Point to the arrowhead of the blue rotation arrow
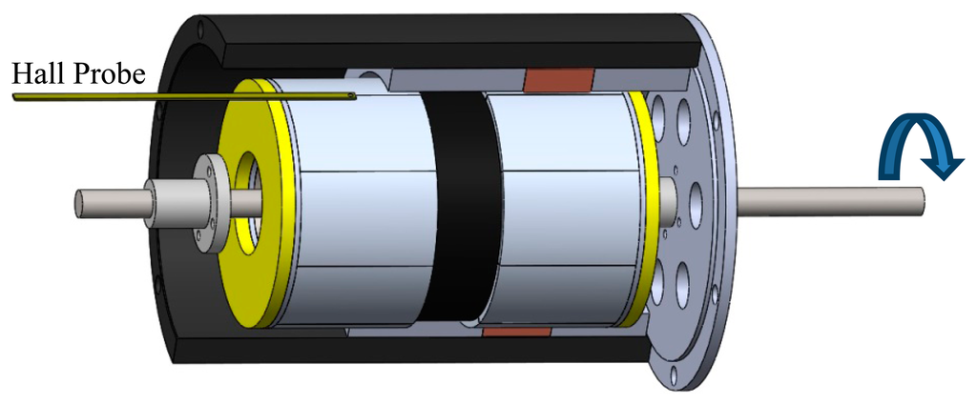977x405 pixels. [x=944, y=169]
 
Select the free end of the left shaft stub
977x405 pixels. [x=81, y=203]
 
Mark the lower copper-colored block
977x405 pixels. [x=516, y=333]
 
